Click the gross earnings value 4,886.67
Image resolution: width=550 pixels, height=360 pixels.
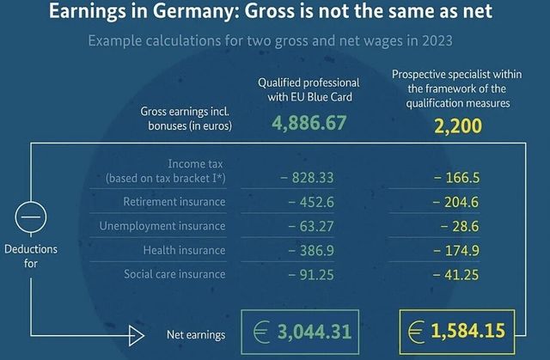[x=309, y=123]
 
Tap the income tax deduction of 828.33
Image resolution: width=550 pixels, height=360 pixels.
[x=305, y=178]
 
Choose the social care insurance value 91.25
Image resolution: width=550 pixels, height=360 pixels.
[x=309, y=274]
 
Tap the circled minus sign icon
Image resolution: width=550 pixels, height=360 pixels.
[x=30, y=220]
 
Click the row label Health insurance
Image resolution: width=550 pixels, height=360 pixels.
[x=185, y=250]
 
